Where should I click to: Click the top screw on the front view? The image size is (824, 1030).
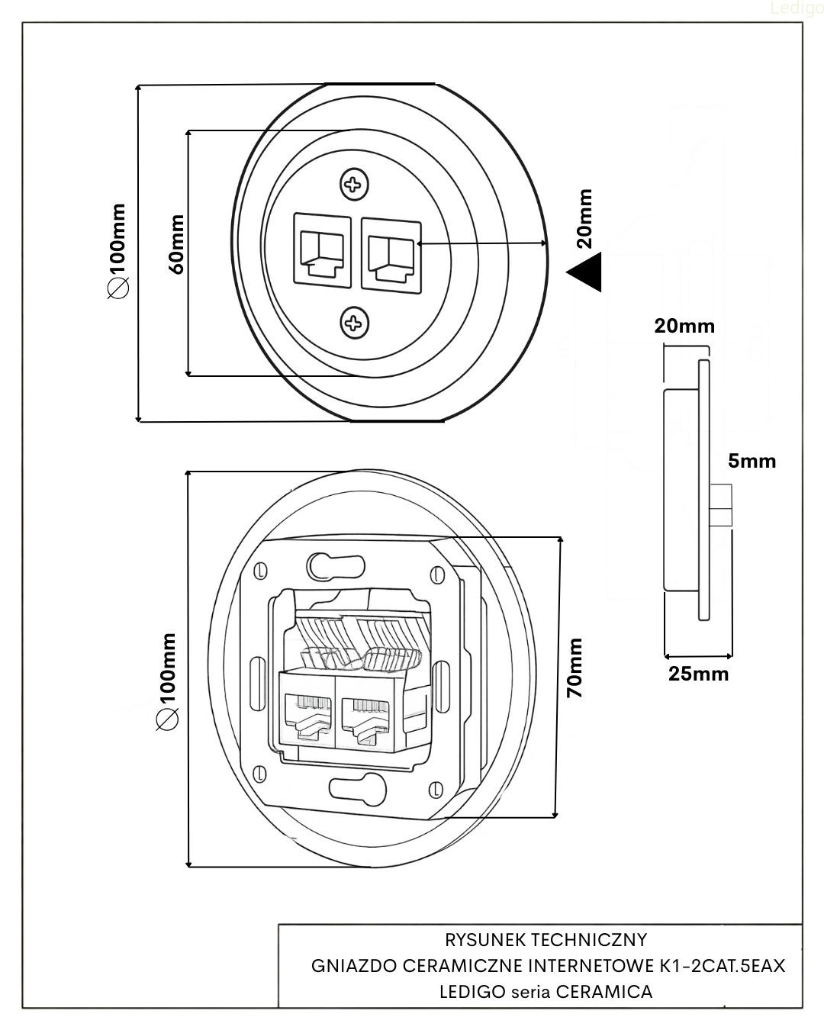pos(352,184)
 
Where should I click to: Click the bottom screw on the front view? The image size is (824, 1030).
pos(354,323)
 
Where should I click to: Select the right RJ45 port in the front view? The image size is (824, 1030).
pos(390,253)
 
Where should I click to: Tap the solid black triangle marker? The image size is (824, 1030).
pos(586,272)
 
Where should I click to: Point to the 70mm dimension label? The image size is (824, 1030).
pos(576,668)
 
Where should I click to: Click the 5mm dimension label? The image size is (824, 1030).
pos(752,461)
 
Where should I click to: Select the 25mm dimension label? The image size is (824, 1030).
pos(698,674)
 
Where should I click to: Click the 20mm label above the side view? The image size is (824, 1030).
pos(684,327)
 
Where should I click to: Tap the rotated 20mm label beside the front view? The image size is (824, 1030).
pos(584,219)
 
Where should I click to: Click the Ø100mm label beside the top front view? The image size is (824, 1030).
pos(118,250)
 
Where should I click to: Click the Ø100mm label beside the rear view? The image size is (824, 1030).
pos(166,681)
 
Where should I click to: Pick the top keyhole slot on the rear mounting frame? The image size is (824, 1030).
pos(335,565)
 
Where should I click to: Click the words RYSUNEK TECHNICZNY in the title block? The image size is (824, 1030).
pos(546,939)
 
